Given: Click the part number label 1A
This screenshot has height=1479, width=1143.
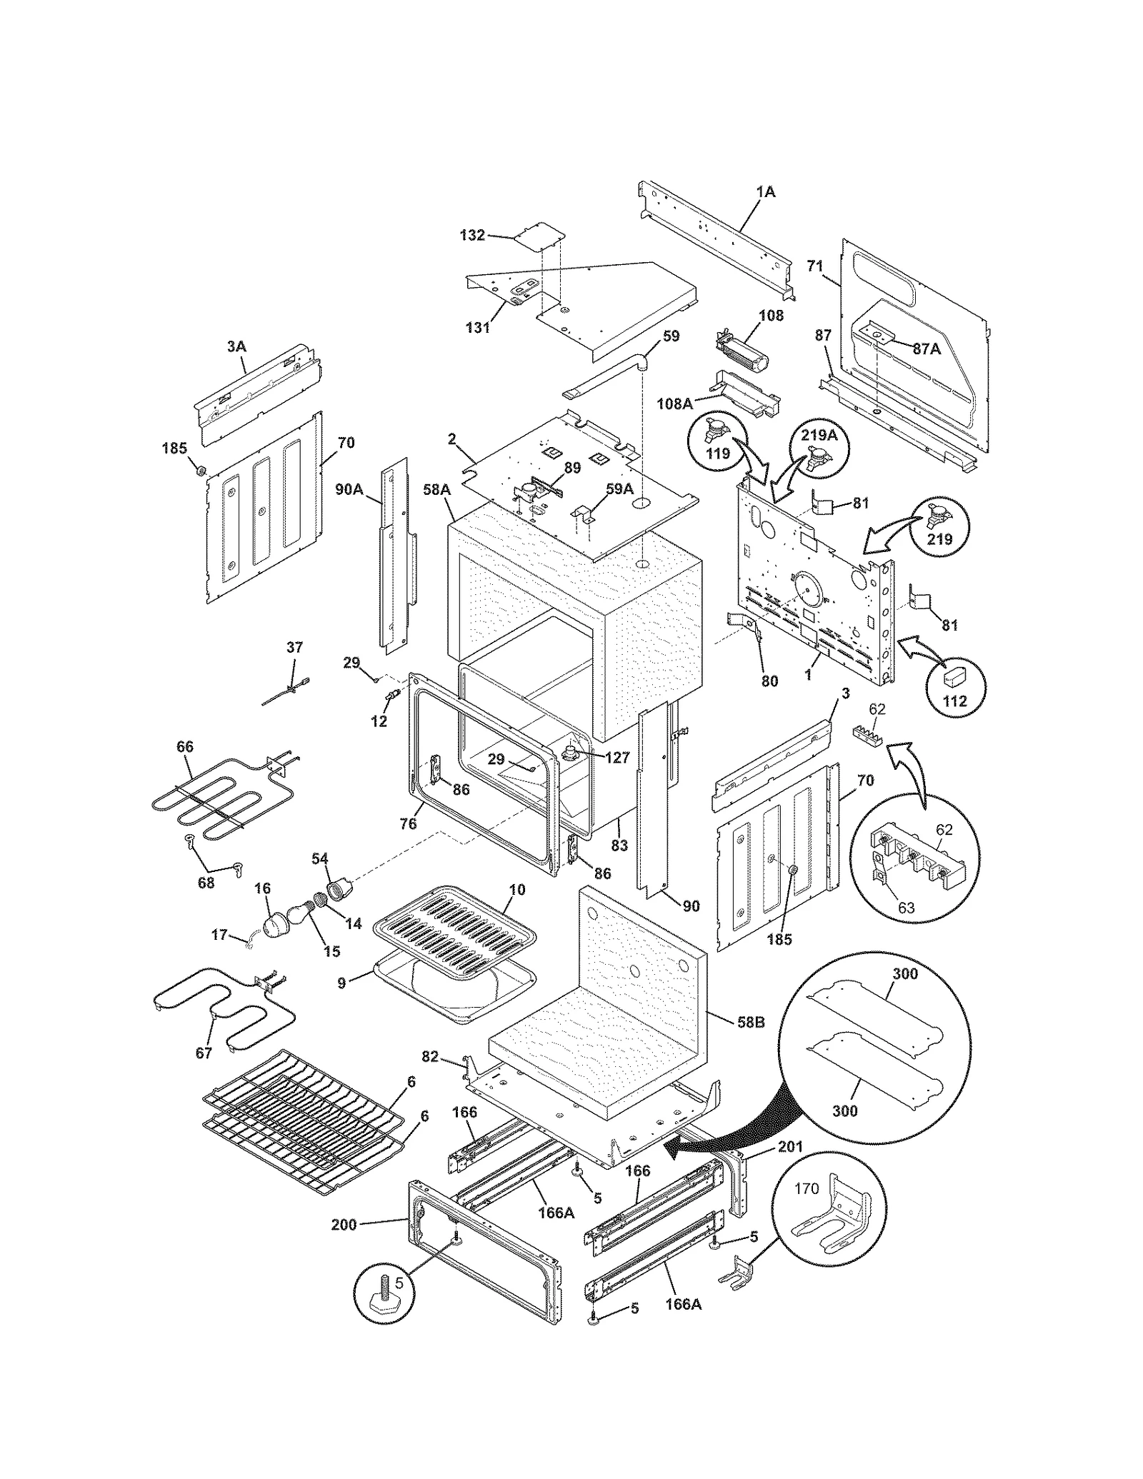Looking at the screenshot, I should [765, 192].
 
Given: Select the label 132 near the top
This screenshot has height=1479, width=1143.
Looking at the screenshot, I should [472, 235].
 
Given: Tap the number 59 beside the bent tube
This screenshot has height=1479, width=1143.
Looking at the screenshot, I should [671, 336].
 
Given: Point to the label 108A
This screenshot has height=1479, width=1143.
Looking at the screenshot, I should [675, 403].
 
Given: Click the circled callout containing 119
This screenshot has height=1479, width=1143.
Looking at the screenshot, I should [717, 443].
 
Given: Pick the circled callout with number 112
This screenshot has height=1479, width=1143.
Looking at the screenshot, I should [954, 687].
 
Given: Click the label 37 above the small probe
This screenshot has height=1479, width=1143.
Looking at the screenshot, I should [294, 647].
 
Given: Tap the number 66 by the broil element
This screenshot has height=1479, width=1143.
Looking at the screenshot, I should [185, 747].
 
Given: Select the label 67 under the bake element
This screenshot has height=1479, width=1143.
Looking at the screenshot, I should [204, 1053].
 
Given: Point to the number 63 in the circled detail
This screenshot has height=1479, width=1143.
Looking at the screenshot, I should [906, 908].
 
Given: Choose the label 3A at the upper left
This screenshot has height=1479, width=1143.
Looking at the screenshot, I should [236, 346].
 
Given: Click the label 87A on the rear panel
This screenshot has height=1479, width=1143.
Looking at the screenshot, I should [927, 349].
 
